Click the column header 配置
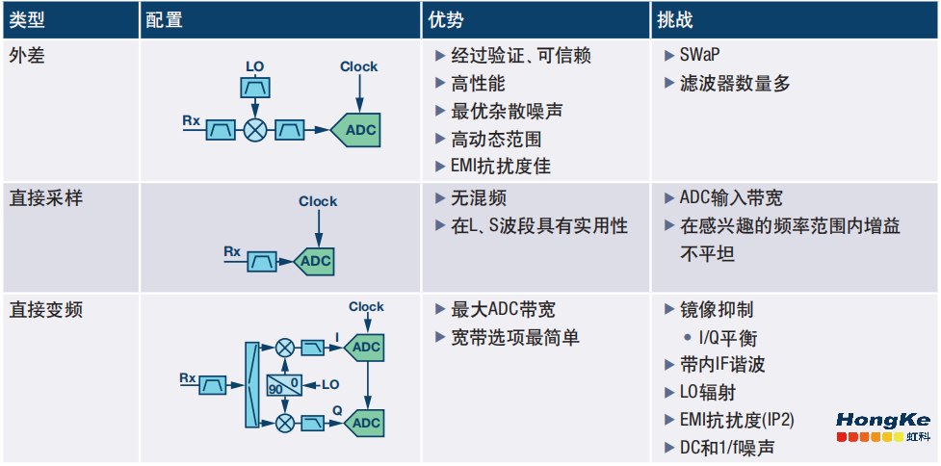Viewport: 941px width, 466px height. point(164,20)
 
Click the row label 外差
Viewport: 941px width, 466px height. point(28,56)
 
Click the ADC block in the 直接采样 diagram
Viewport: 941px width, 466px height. point(314,261)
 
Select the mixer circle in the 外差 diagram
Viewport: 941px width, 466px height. point(255,130)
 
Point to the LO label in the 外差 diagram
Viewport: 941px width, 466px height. point(254,66)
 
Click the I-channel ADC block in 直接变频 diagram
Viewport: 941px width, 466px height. point(365,347)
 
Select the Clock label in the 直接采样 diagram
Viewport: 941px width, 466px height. point(318,201)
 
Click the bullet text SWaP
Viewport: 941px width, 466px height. point(705,56)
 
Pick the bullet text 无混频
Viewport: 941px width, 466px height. point(479,198)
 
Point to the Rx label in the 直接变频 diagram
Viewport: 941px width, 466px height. point(189,377)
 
